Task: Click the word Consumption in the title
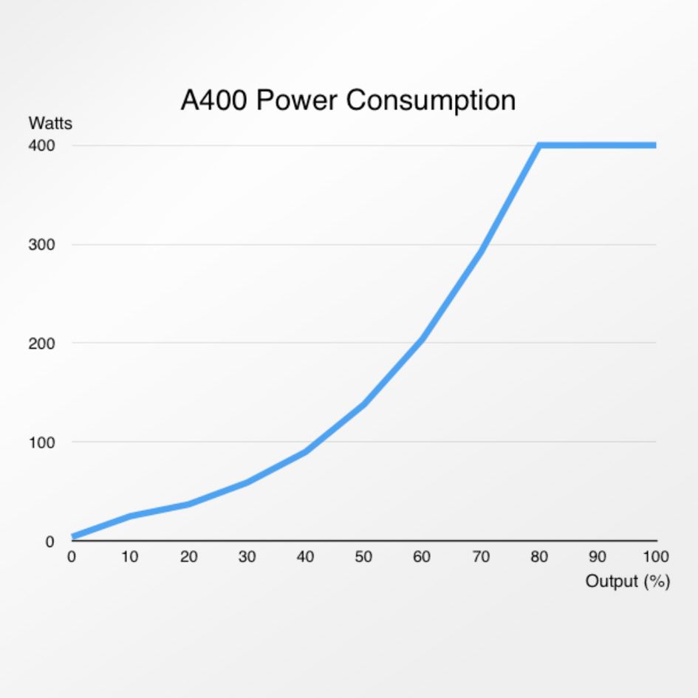pyautogui.click(x=431, y=100)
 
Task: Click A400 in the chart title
pyautogui.click(x=213, y=100)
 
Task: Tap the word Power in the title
pyautogui.click(x=295, y=100)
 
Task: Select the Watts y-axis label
pyautogui.click(x=50, y=123)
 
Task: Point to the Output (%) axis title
pyautogui.click(x=627, y=581)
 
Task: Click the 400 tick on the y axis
pyautogui.click(x=41, y=146)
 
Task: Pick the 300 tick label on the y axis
pyautogui.click(x=41, y=244)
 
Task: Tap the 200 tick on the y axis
pyautogui.click(x=41, y=343)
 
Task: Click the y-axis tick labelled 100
pyautogui.click(x=41, y=442)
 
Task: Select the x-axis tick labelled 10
pyautogui.click(x=130, y=557)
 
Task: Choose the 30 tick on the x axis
pyautogui.click(x=247, y=557)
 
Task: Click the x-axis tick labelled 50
pyautogui.click(x=363, y=557)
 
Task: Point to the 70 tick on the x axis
pyautogui.click(x=481, y=557)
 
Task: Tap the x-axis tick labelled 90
pyautogui.click(x=598, y=557)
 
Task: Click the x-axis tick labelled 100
pyautogui.click(x=655, y=557)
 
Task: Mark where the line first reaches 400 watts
pyautogui.click(x=540, y=146)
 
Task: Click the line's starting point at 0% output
pyautogui.click(x=72, y=536)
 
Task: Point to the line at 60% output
pyautogui.click(x=422, y=339)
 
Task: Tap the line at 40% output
pyautogui.click(x=306, y=451)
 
